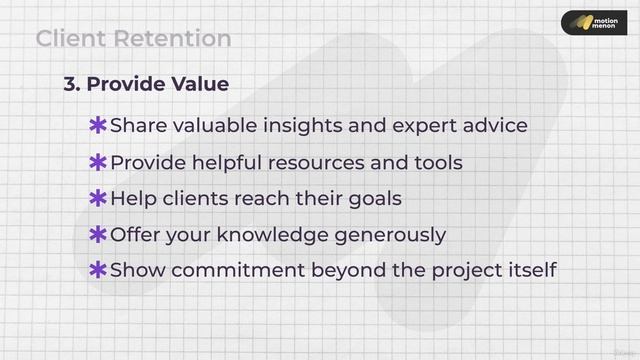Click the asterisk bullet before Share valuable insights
[98, 126]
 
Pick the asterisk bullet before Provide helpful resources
[98, 162]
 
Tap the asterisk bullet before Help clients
[98, 198]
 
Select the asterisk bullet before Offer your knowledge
[98, 235]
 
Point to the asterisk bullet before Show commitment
[98, 270]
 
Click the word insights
[328, 126]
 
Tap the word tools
[435, 162]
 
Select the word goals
[374, 199]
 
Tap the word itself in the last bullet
[526, 270]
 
